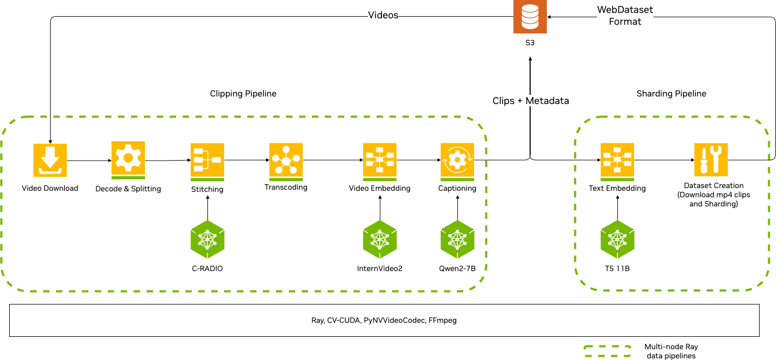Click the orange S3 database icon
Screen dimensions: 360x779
[530, 17]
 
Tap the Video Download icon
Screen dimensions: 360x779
[50, 160]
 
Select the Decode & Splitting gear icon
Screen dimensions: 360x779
[128, 160]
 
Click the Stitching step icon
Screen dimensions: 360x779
[207, 161]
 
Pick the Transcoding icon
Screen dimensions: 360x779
[286, 160]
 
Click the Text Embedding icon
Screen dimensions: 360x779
[617, 161]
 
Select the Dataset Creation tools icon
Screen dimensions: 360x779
[711, 159]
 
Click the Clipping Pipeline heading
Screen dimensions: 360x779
[243, 94]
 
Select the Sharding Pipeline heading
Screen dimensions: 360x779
[671, 94]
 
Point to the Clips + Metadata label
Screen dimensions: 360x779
[531, 101]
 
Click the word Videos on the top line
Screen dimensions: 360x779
[383, 15]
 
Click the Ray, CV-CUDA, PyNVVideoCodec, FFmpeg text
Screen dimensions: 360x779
[384, 321]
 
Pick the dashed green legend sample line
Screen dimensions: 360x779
[608, 351]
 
